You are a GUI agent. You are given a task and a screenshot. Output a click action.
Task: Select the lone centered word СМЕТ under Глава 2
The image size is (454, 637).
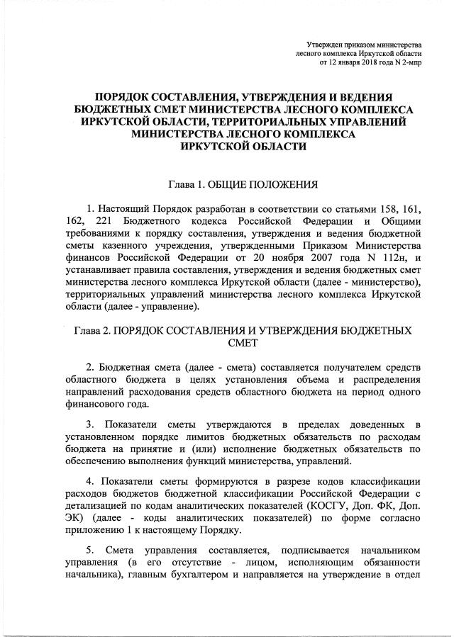242,344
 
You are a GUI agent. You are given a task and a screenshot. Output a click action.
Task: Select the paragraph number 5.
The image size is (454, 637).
89,551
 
